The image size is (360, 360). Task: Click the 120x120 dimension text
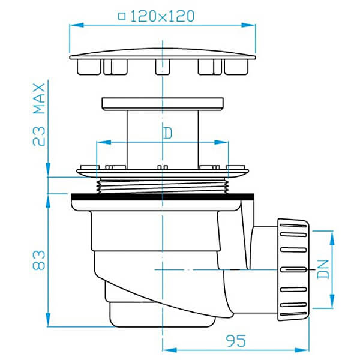(x=163, y=16)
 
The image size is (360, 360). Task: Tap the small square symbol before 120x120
(x=122, y=17)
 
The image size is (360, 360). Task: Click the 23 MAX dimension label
(x=39, y=115)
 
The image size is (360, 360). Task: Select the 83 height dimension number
(x=39, y=260)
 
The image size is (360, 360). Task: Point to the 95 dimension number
(x=236, y=341)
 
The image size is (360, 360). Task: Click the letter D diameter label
(x=168, y=133)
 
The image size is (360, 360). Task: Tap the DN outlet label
(x=323, y=269)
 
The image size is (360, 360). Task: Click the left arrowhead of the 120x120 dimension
(x=76, y=25)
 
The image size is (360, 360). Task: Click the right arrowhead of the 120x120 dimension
(x=248, y=25)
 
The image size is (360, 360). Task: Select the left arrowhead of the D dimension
(x=104, y=142)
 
